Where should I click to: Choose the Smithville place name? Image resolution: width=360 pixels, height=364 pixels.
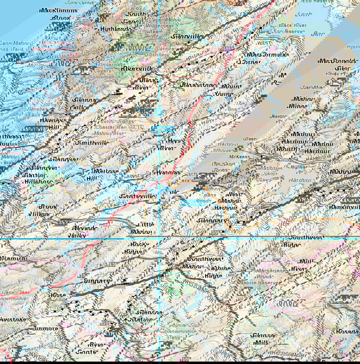tap(93, 142)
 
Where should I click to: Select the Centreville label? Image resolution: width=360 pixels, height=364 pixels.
tap(136, 196)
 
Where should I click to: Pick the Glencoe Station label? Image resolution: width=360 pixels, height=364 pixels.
tap(149, 316)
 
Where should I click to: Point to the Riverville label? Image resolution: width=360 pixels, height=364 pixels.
tap(137, 69)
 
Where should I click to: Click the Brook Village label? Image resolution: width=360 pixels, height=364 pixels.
tap(44, 210)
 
